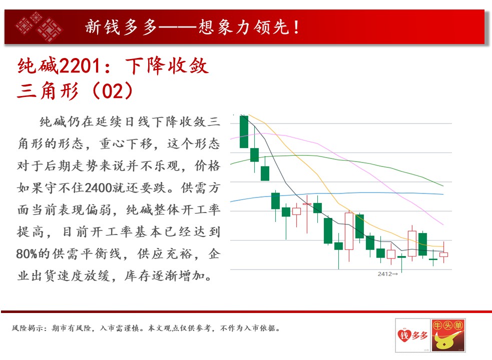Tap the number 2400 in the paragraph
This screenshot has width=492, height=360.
point(98,188)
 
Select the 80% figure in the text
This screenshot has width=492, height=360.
point(27,253)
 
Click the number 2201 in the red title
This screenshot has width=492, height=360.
point(80,66)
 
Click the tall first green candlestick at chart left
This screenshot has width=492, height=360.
point(244,131)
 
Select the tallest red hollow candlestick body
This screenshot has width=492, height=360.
point(349,231)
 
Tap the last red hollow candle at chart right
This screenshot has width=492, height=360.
point(443,254)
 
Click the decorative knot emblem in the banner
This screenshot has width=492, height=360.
point(39,26)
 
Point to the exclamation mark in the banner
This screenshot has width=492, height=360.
point(296,27)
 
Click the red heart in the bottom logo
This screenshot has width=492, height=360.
point(404,335)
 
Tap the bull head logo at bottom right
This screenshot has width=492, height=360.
point(448,335)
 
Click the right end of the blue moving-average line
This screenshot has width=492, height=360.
point(443,194)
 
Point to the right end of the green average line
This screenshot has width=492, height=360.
point(443,186)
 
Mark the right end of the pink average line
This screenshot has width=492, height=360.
point(443,225)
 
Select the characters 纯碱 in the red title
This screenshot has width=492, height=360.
point(38,66)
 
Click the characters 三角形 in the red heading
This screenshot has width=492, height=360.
point(48,91)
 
